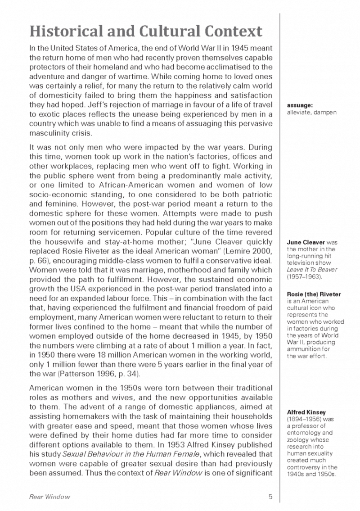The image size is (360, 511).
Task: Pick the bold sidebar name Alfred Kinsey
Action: pyautogui.click(x=306, y=412)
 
